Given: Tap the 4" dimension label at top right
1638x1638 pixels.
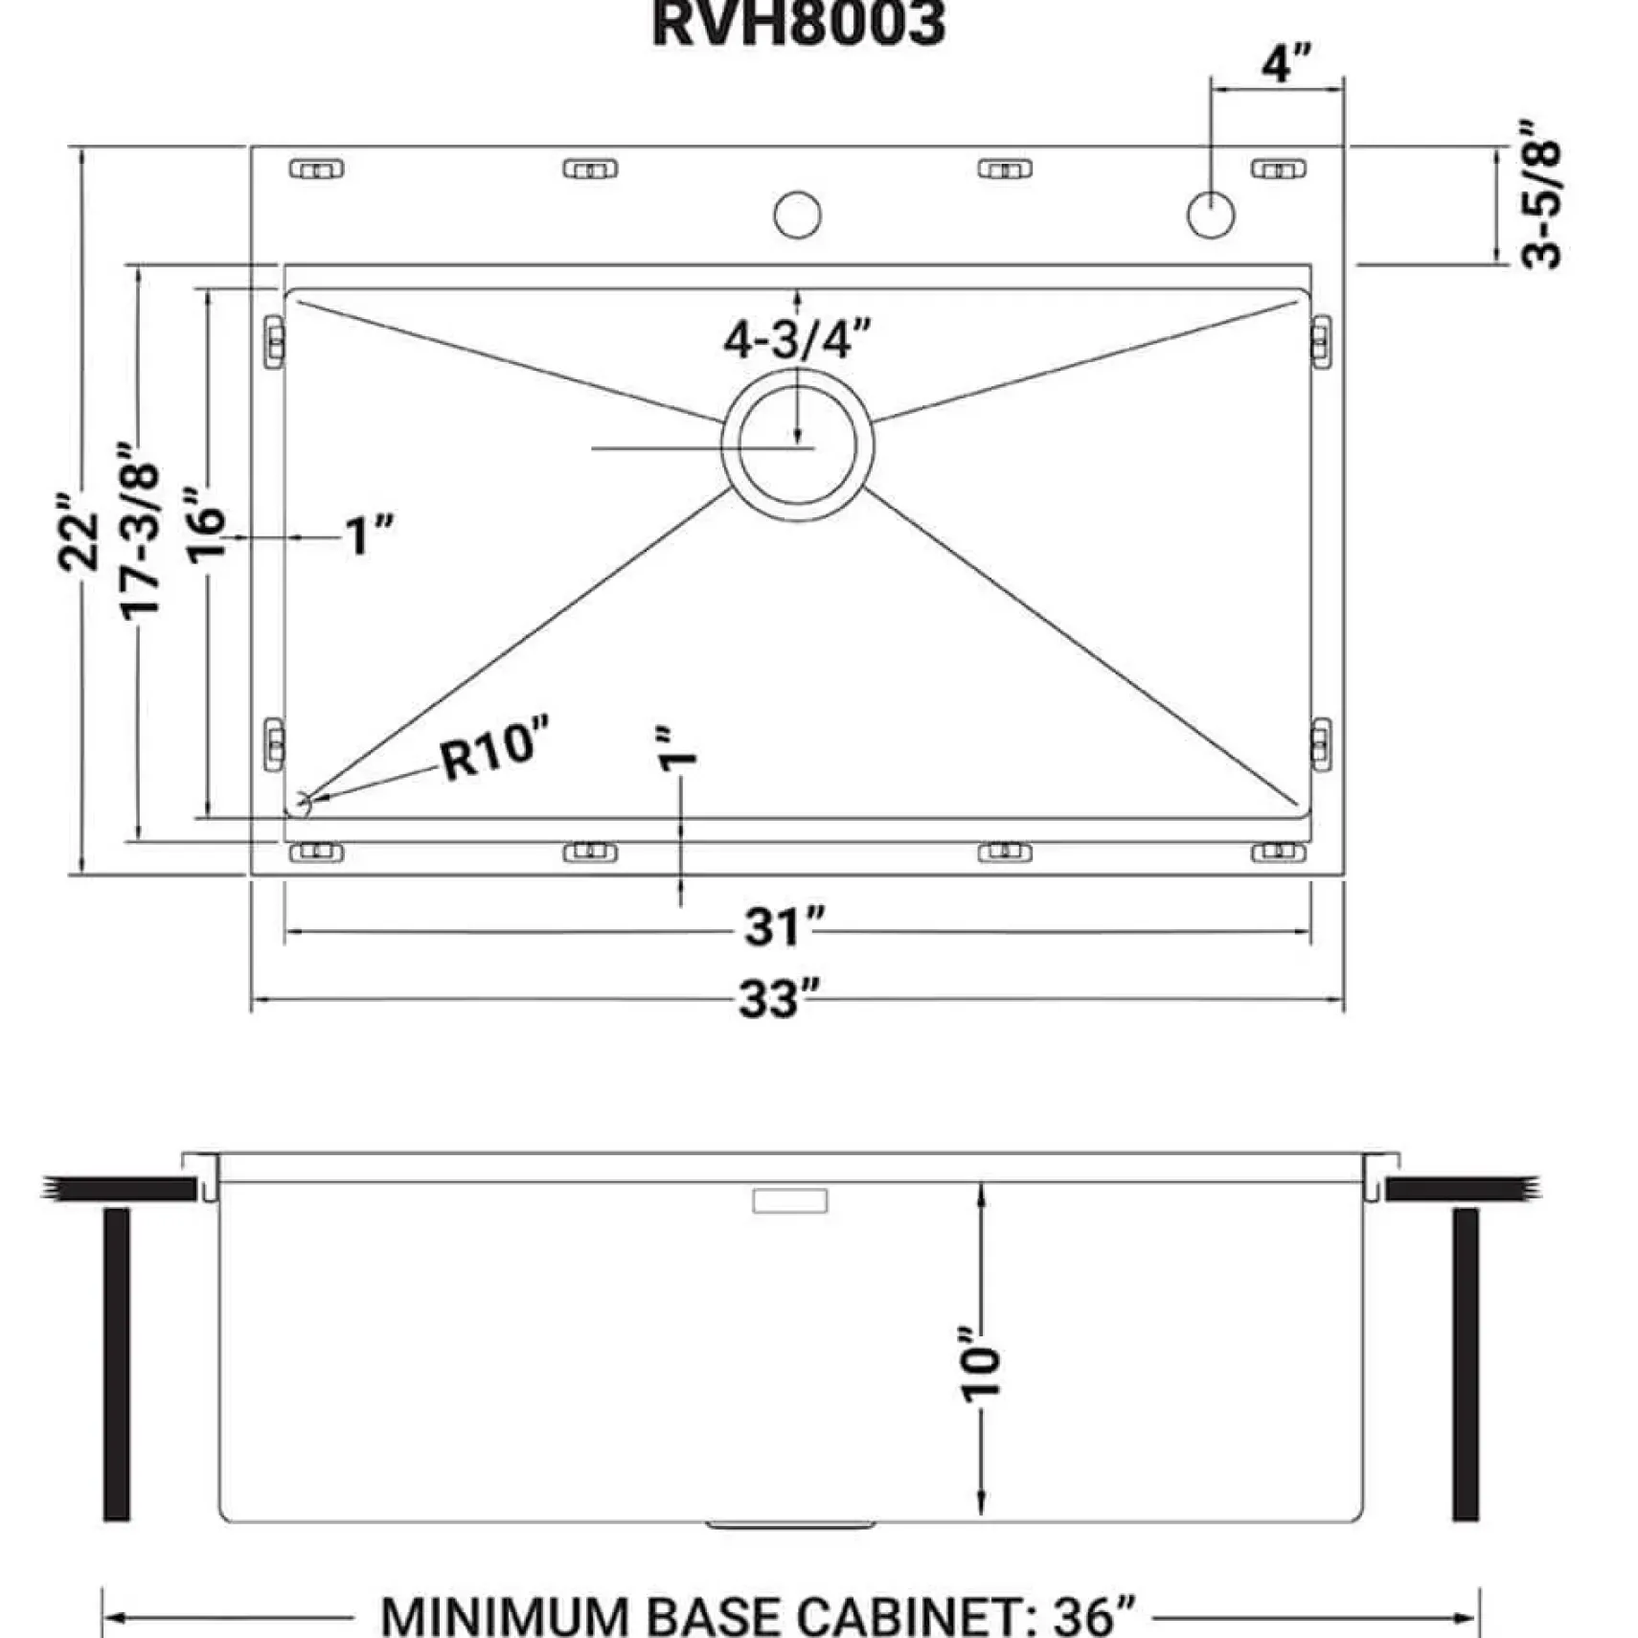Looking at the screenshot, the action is (1285, 63).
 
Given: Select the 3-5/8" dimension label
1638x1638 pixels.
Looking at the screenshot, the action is (1540, 194).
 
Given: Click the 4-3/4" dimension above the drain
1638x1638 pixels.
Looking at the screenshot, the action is (797, 339).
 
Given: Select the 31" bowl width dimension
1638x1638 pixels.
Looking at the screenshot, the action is (785, 927).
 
